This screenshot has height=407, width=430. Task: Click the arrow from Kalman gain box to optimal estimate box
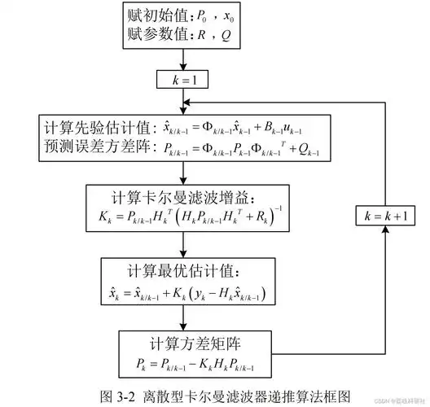188,245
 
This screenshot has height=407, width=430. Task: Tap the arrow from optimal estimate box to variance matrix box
188,318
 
